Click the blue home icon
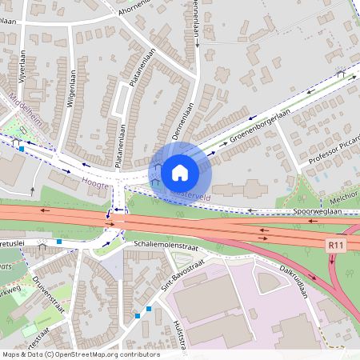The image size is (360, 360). (180, 171)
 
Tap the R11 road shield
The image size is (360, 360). (336, 246)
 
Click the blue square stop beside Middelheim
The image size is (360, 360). (22, 148)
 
